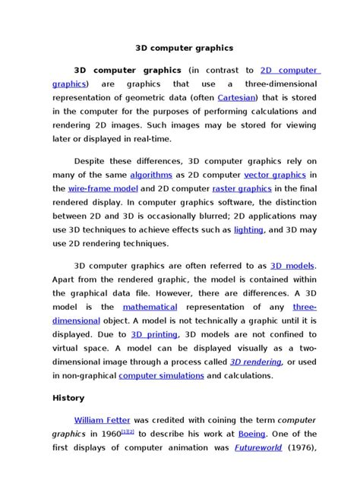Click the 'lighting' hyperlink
click(x=248, y=229)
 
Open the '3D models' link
click(x=292, y=267)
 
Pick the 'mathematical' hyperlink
click(x=150, y=308)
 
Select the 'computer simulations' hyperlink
click(x=161, y=375)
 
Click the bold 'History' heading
click(x=68, y=398)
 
